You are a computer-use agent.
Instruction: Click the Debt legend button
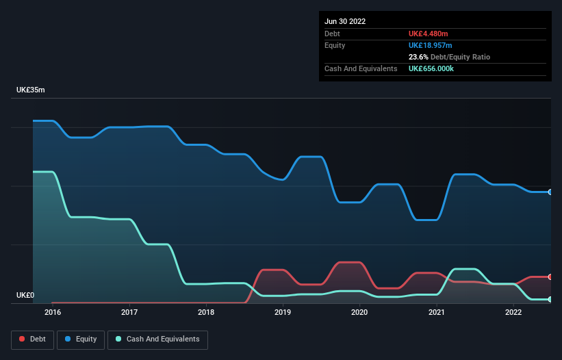coord(31,339)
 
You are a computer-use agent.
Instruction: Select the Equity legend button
coord(81,339)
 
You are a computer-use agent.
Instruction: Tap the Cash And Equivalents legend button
coord(157,339)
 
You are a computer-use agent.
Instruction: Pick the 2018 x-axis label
coord(205,313)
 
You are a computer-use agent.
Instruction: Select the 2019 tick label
coord(283,313)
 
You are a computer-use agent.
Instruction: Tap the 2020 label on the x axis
coord(359,313)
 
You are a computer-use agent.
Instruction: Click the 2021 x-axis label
coord(436,313)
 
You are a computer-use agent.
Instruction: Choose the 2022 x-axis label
coord(513,313)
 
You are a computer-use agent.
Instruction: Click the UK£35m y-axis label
coord(31,90)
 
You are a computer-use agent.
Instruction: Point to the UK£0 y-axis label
coord(25,296)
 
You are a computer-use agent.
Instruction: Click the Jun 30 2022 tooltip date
coord(345,21)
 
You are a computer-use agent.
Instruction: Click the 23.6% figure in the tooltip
coord(418,57)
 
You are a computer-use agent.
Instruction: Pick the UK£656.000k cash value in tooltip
coord(436,69)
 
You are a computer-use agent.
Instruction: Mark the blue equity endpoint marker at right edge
coord(550,192)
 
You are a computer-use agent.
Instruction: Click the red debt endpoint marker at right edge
coord(550,277)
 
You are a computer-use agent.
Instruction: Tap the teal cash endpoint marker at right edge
coord(550,300)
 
